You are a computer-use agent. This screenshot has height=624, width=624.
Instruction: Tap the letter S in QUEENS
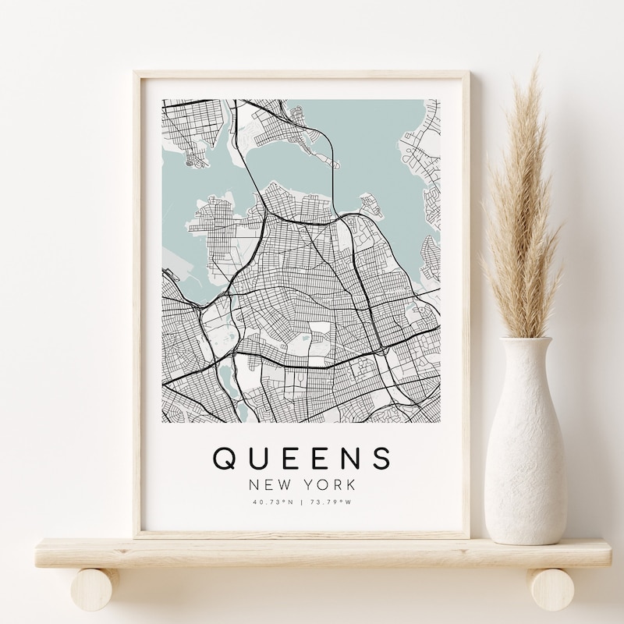(380, 458)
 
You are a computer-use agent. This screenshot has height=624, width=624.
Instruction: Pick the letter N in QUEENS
(349, 458)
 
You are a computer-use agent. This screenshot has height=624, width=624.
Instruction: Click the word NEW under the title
(268, 484)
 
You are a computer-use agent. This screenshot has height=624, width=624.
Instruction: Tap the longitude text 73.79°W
(331, 503)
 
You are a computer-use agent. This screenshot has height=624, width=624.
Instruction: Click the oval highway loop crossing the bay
(335, 156)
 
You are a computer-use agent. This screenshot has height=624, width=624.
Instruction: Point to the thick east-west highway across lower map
(312, 363)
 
